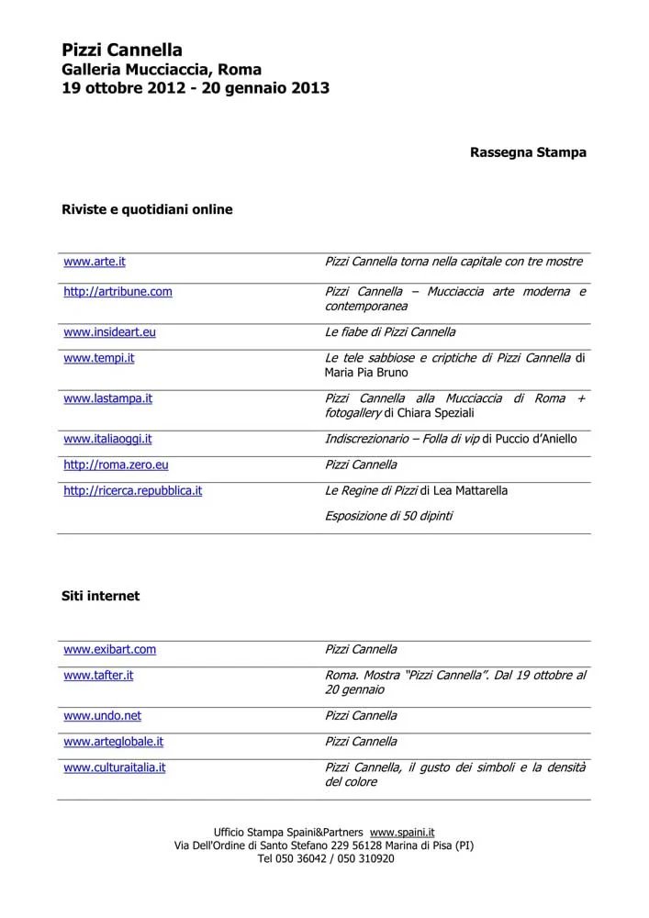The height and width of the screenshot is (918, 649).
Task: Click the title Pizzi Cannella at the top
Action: (x=122, y=50)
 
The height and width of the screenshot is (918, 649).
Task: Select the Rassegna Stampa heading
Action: (x=528, y=152)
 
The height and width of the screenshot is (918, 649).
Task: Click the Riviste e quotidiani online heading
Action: (x=147, y=209)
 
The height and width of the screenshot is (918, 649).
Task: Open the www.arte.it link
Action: (x=95, y=262)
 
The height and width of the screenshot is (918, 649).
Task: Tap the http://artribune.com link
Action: (x=117, y=292)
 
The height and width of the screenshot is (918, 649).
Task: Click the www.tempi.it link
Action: (x=98, y=358)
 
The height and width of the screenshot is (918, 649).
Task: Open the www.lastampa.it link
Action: (x=107, y=398)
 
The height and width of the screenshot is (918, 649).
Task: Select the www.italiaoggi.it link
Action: (x=107, y=439)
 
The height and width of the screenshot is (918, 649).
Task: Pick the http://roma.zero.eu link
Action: (x=116, y=465)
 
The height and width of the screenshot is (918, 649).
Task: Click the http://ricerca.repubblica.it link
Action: (x=132, y=490)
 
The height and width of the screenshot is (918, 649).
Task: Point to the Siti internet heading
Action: (x=101, y=596)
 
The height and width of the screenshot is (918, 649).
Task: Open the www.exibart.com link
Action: (x=109, y=649)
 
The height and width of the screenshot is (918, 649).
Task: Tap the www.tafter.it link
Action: (x=98, y=675)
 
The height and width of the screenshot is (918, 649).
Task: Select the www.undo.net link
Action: (x=102, y=715)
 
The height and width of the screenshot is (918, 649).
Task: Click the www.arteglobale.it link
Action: (x=113, y=741)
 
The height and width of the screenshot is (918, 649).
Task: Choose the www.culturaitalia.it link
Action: (x=114, y=767)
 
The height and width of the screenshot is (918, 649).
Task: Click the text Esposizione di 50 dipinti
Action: (x=388, y=516)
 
